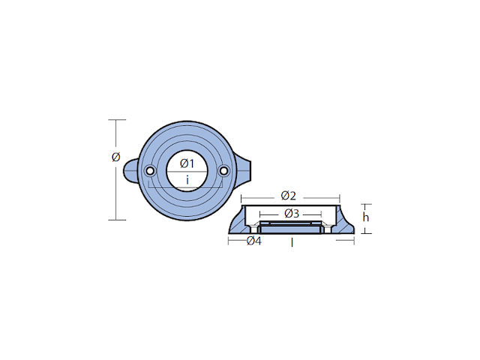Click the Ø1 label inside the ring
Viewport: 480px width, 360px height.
click(x=187, y=163)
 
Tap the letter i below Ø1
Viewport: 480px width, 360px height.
click(x=187, y=180)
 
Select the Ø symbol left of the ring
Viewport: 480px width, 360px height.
click(x=115, y=157)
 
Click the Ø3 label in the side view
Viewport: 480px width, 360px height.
click(x=292, y=214)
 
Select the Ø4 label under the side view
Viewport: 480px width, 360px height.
click(x=253, y=241)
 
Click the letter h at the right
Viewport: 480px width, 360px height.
click(x=365, y=217)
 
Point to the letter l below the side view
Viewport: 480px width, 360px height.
click(x=292, y=243)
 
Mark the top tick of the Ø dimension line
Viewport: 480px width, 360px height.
click(x=115, y=120)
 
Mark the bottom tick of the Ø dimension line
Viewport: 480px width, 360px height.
click(x=115, y=220)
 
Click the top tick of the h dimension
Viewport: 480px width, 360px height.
click(x=366, y=203)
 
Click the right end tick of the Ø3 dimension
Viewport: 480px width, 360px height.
click(x=323, y=214)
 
